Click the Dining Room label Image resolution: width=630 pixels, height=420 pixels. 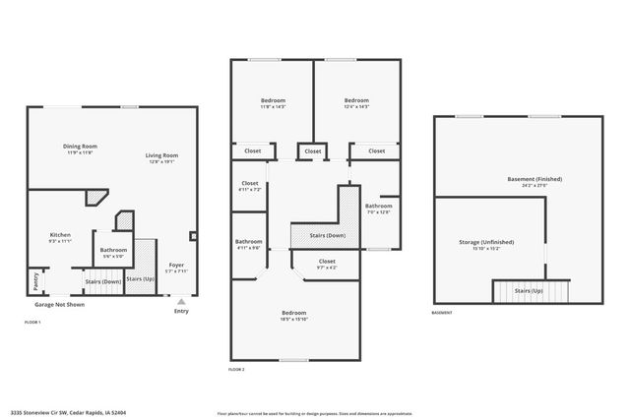81,147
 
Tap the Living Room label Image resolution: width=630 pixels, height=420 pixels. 161,155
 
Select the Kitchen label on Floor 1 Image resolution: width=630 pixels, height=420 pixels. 60,235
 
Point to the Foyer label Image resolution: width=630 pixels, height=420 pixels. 176,265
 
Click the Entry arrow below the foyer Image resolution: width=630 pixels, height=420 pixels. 181,302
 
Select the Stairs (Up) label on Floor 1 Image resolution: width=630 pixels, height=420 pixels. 141,278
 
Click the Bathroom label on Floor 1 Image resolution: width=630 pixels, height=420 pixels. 113,250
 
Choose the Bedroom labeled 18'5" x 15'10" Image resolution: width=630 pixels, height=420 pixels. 295,313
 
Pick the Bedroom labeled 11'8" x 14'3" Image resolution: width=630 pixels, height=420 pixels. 273,100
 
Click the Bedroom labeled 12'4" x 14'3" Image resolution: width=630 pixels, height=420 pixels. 356,100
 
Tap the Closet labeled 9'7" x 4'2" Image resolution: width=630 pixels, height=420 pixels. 327,262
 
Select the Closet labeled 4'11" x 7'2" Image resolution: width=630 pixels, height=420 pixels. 250,183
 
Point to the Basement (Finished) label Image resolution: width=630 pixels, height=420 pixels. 534,179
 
